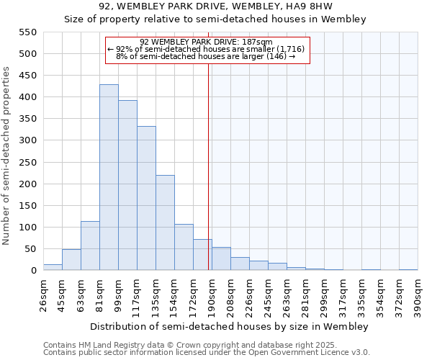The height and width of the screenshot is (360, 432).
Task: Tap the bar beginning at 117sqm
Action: pos(146,198)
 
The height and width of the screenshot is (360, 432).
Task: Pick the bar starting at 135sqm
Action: pos(165,222)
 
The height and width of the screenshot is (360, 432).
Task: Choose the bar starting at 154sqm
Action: pos(184,247)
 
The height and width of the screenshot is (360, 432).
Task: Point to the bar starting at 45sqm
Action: pos(71,260)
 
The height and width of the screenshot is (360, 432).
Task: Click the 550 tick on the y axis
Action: pos(27,32)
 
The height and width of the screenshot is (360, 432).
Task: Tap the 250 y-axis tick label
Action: pos(27,184)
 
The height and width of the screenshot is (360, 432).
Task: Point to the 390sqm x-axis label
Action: pos(418,295)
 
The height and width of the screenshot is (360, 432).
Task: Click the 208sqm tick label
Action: pos(230,295)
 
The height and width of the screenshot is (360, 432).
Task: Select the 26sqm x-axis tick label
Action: pos(43,295)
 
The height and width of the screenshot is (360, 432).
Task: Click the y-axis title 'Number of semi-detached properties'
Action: pos(7,155)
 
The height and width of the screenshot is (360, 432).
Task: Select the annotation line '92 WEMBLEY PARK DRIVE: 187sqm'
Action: pos(206,42)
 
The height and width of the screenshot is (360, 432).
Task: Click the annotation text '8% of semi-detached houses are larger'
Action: pos(206,56)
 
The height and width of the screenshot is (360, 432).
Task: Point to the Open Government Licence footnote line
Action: pos(207,353)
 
